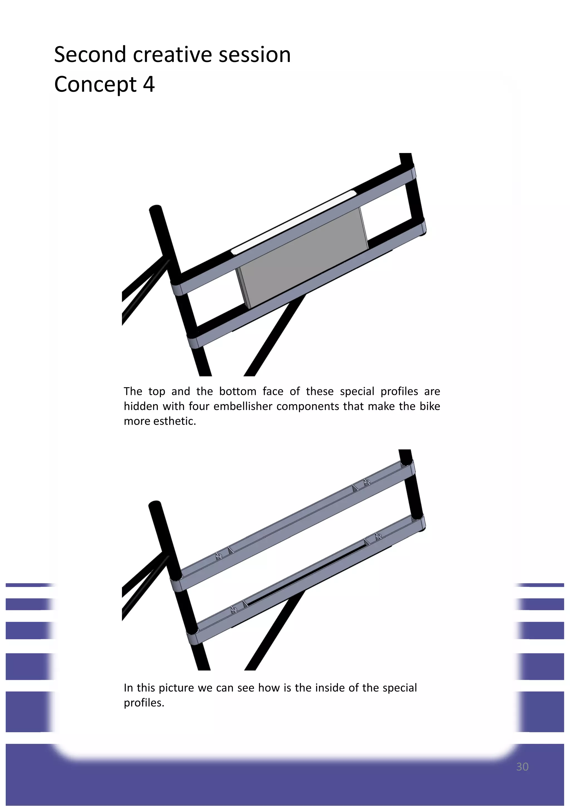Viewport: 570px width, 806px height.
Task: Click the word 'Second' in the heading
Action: (x=90, y=55)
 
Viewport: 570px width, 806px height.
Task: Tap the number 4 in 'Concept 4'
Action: (x=149, y=85)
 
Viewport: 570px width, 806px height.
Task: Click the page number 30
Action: (x=522, y=767)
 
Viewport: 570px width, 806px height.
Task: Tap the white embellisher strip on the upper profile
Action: (x=294, y=222)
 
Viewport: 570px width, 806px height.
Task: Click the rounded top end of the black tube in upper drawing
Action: (x=156, y=210)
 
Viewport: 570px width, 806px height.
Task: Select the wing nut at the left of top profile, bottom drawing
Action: (x=218, y=556)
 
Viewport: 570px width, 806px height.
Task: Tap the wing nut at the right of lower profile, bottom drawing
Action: (x=378, y=536)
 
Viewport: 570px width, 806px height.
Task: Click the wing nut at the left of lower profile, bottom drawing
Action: (x=234, y=609)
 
